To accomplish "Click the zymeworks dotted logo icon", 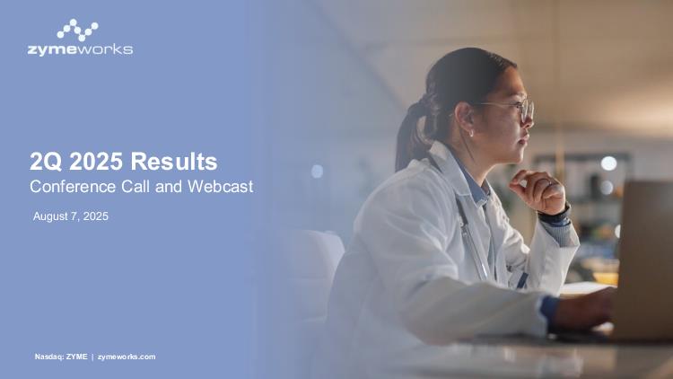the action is click(x=78, y=30).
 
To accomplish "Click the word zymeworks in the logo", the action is click(x=80, y=50).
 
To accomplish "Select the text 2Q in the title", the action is click(x=47, y=162).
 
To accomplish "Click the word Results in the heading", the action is click(x=174, y=162).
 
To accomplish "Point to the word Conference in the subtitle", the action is click(x=73, y=187).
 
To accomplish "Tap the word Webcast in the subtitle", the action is click(x=220, y=187).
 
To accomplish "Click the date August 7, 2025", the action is click(x=71, y=216).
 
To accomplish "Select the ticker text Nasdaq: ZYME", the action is click(x=61, y=357).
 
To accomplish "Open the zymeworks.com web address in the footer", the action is click(x=127, y=357).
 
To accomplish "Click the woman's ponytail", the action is click(x=413, y=133).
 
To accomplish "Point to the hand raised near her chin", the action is click(x=538, y=191).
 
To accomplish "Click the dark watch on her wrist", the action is click(x=555, y=216).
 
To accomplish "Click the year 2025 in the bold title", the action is click(x=96, y=162).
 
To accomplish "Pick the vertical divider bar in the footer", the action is click(x=92, y=357).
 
